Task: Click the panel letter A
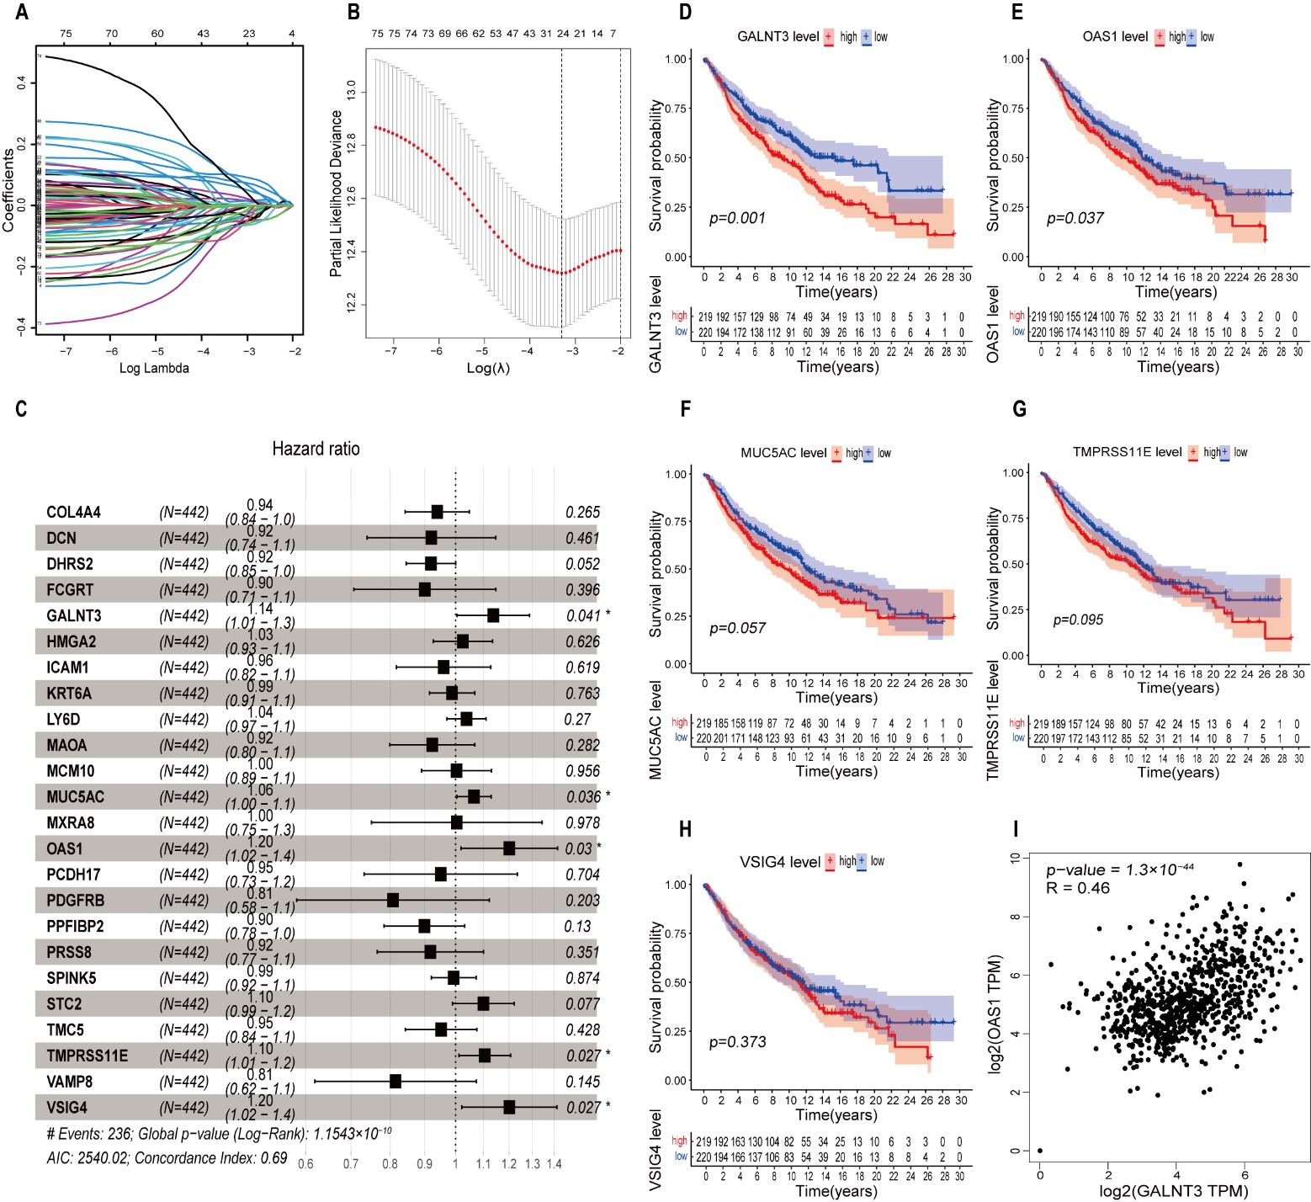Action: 22,12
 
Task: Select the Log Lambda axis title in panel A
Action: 154,368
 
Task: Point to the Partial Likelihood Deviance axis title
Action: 337,193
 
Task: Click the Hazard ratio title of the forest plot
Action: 316,449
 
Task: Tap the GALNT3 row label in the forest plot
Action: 74,616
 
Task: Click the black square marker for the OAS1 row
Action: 509,848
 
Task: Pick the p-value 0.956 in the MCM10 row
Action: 582,771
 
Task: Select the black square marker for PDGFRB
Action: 393,901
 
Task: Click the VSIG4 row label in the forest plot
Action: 66,1108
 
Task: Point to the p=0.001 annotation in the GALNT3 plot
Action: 737,219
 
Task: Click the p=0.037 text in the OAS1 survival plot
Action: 1075,219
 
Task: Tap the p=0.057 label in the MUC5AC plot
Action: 737,628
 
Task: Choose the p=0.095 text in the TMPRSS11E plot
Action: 1078,620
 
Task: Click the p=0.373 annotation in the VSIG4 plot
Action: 737,1042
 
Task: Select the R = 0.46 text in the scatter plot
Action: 1078,888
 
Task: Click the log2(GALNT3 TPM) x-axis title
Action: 1175,1190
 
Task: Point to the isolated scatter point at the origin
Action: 1040,1151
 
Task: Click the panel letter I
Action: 1016,830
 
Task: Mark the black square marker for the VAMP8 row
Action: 395,1082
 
